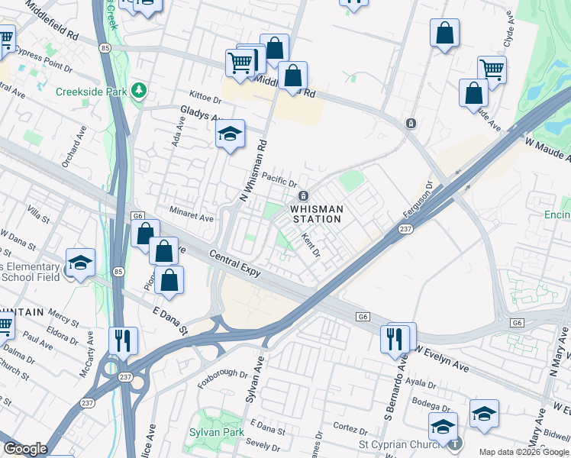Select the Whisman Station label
point(315,214)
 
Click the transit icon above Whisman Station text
point(303,196)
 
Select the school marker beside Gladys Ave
point(230,135)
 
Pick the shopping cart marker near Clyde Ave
point(492,70)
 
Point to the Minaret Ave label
point(191,217)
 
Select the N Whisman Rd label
point(254,166)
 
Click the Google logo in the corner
point(24,450)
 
